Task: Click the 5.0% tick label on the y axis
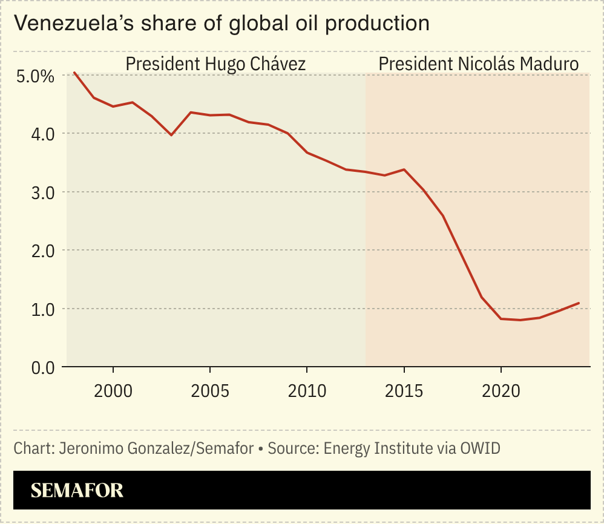34,77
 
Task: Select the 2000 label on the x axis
113,390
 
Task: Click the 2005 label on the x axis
210,390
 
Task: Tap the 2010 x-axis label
307,390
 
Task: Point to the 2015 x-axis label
404,390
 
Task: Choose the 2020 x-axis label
501,390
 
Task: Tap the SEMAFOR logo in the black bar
77,490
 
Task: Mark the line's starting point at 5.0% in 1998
74,73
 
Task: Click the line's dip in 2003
171,135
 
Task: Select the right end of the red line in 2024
579,303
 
